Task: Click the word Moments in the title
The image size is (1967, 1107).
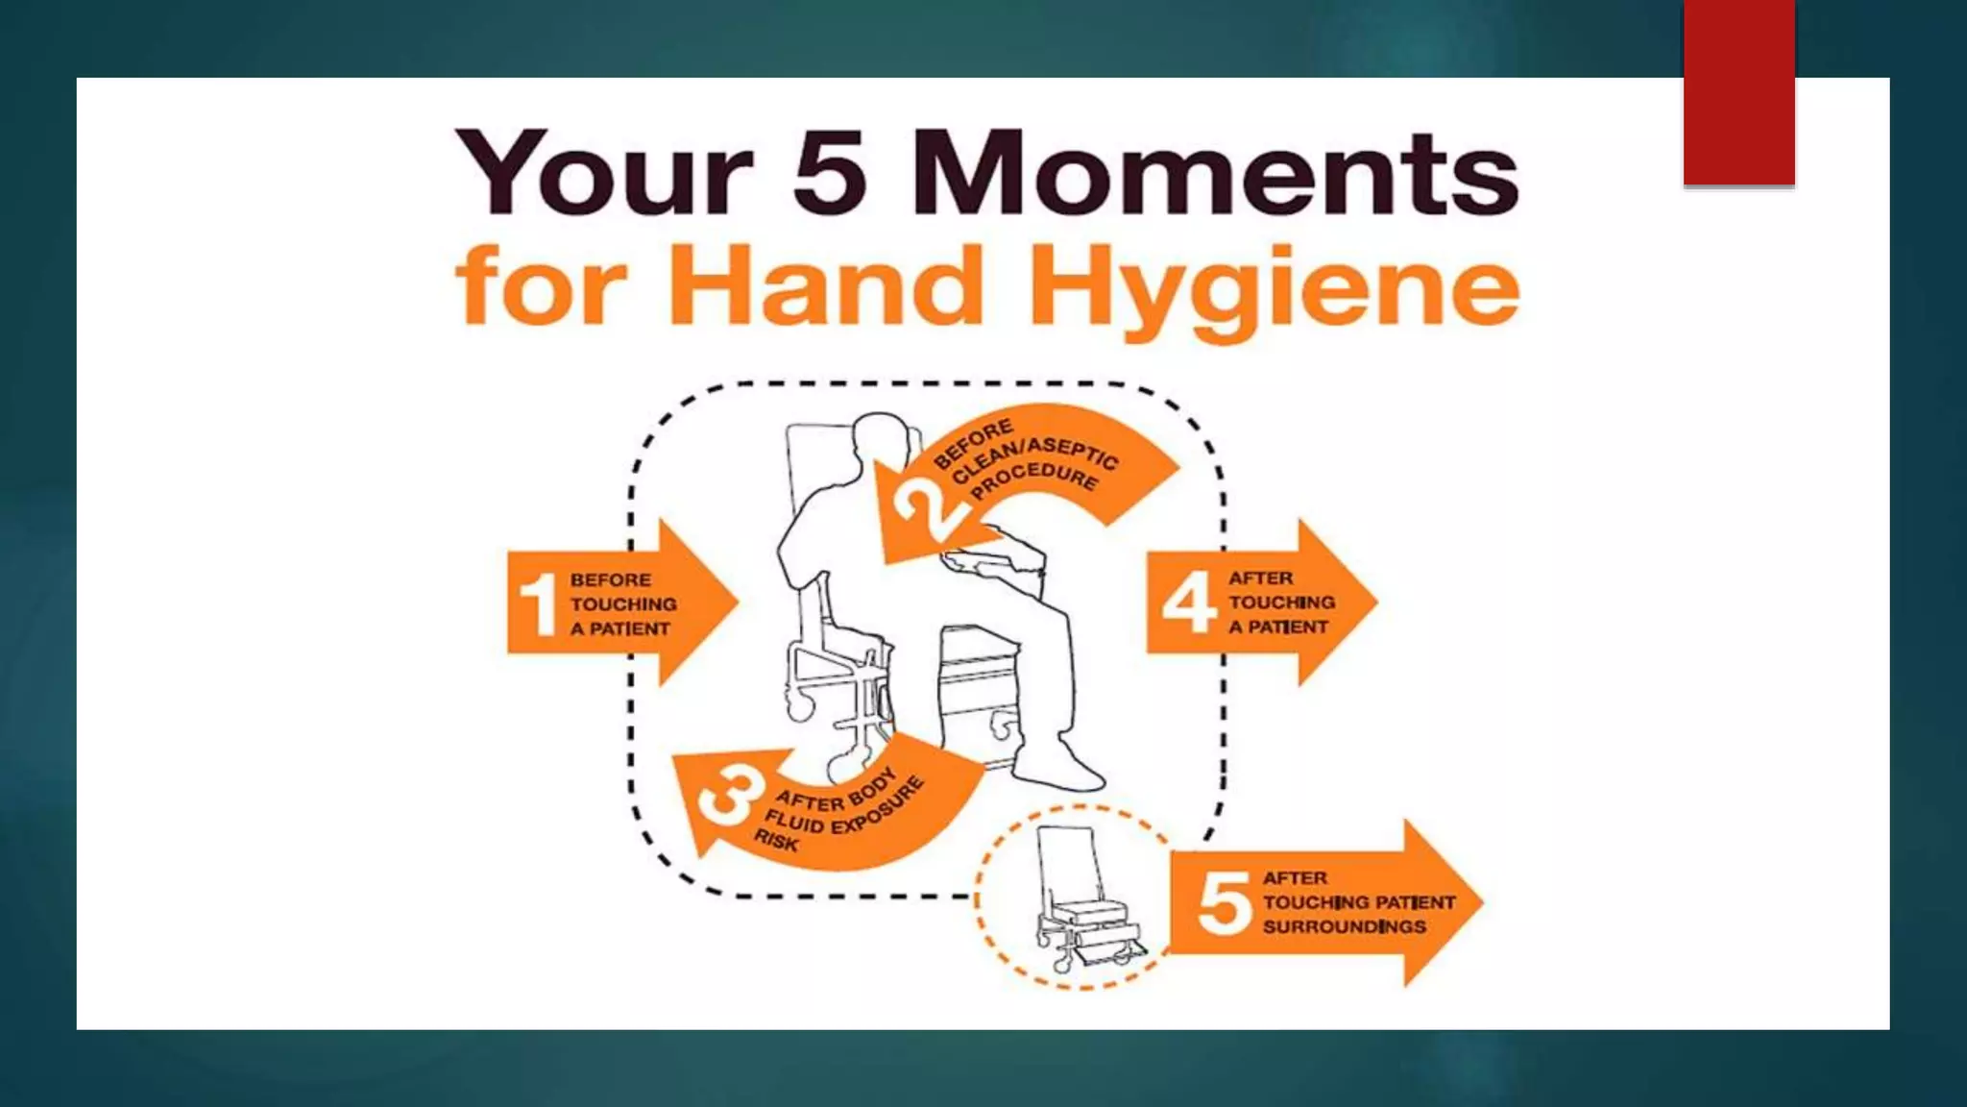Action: coord(1215,173)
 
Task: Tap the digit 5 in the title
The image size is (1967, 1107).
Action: coord(830,173)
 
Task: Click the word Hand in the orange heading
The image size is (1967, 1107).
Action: coord(826,285)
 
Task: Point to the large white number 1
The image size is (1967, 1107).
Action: coord(538,603)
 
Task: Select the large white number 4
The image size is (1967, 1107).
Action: coord(1188,603)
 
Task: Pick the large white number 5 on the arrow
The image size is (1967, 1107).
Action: coord(1224,903)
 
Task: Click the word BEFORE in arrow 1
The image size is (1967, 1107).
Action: coord(610,579)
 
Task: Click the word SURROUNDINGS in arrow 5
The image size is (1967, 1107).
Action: coord(1344,927)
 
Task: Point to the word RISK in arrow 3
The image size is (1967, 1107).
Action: coord(776,841)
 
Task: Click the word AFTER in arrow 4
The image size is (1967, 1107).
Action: coord(1260,578)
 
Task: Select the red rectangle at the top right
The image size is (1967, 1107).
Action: coord(1738,92)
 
